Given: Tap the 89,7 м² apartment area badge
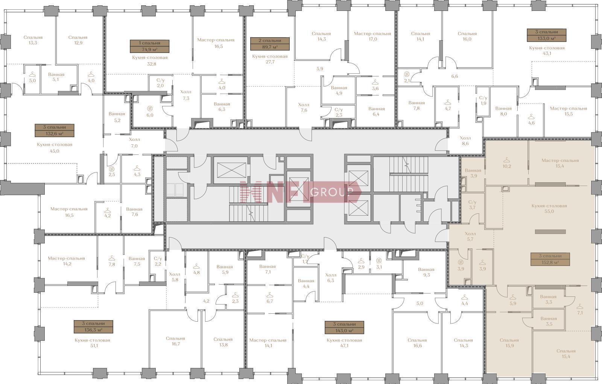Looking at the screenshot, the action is [x=270, y=44].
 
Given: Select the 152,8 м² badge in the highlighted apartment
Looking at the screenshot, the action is [x=550, y=259].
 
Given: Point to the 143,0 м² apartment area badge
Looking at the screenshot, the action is [x=345, y=327].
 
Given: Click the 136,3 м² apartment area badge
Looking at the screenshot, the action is [x=93, y=327].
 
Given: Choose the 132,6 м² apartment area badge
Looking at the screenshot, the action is [x=55, y=130].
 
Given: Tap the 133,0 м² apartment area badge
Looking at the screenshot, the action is [x=547, y=35].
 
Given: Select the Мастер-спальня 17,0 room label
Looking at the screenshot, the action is [x=372, y=36].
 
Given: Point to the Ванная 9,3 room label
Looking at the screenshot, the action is [x=426, y=272].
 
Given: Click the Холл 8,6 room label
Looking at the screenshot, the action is [x=465, y=141].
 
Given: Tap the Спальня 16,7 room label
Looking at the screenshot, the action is [x=175, y=341].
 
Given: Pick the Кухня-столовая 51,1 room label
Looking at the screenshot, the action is [x=93, y=343].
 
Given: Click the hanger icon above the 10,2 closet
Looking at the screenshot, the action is [x=506, y=160].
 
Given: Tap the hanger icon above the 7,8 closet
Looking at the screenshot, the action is [x=112, y=258].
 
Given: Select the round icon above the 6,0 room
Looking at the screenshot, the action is [x=150, y=109].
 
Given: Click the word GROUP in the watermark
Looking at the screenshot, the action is [x=331, y=192].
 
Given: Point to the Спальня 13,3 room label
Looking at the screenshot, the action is [x=33, y=40].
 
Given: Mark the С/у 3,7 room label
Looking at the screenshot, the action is [x=472, y=205].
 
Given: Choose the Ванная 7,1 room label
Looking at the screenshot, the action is [x=268, y=269].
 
